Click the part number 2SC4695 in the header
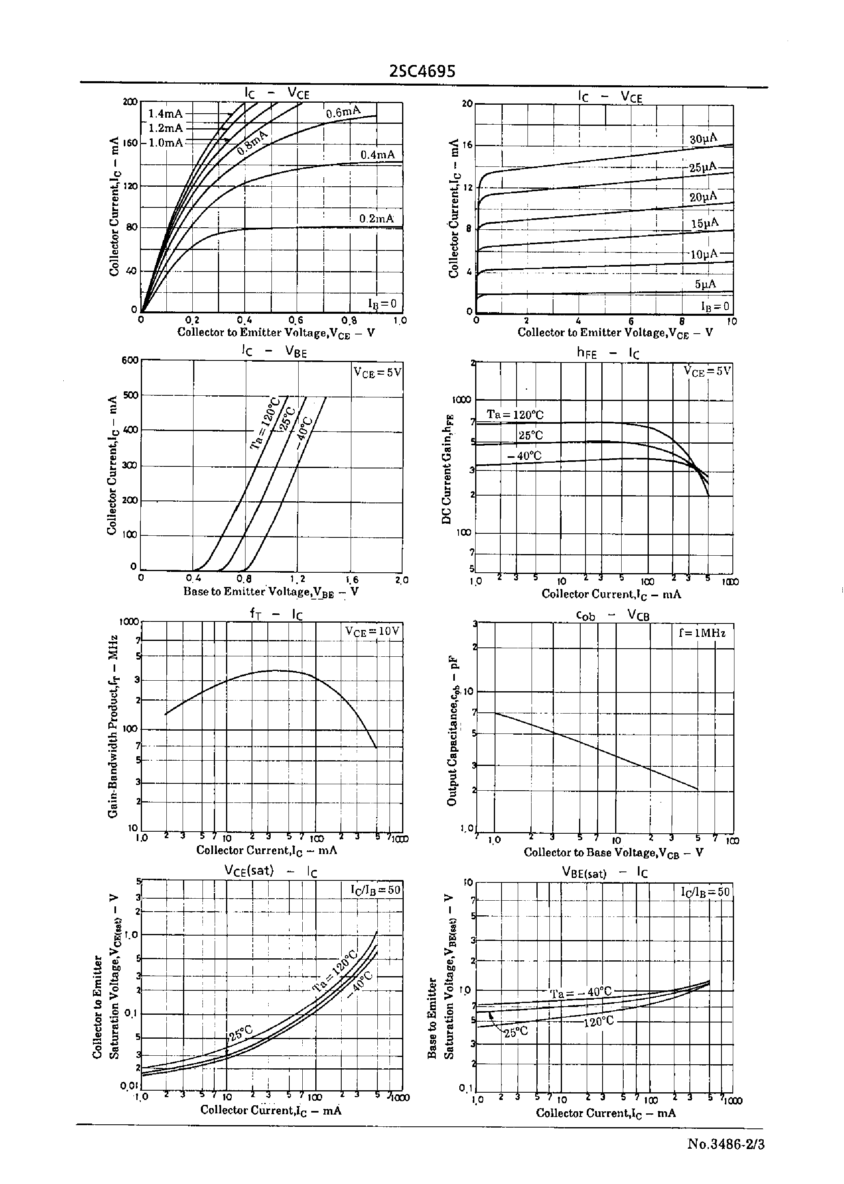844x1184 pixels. (422, 71)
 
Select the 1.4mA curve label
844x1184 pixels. (165, 114)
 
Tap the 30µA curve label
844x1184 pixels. (703, 139)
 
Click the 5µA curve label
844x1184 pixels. (705, 284)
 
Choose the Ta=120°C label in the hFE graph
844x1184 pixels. (515, 415)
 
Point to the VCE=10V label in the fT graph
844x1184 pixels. (372, 631)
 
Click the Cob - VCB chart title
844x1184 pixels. (613, 615)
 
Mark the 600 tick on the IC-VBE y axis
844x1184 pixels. (130, 360)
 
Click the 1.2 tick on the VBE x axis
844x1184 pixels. (297, 579)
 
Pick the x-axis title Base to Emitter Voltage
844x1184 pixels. (270, 591)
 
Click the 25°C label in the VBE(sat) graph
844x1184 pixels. (516, 1032)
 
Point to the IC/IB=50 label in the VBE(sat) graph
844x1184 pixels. (705, 892)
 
